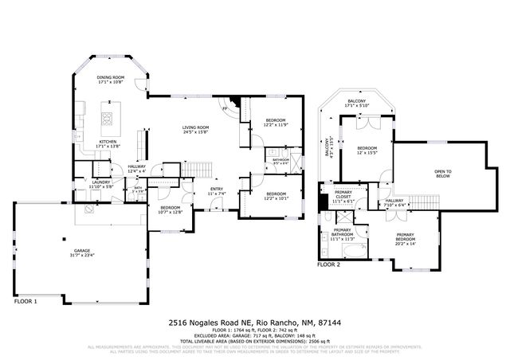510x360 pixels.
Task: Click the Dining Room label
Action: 110,78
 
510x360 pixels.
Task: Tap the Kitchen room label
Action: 107,143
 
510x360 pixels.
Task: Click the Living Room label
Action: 194,128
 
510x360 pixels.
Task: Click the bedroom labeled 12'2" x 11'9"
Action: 274,122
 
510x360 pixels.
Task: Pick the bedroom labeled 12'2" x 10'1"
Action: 276,196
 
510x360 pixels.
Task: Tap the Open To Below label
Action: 442,174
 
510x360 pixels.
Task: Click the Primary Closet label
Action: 343,194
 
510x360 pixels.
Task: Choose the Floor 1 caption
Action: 26,302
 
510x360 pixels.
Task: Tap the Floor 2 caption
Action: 328,264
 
